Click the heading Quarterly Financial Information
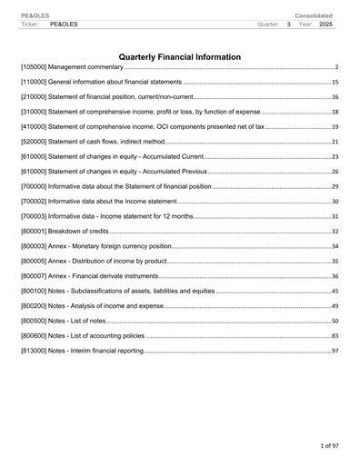(180, 57)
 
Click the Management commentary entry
(72, 68)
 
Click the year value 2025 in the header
(326, 24)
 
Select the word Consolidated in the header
(314, 15)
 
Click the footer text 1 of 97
(322, 447)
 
